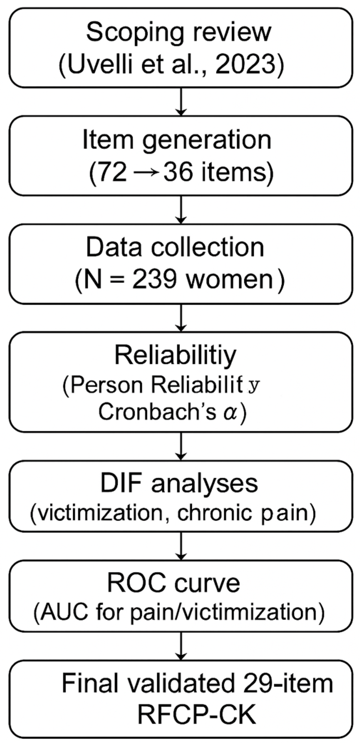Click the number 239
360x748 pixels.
point(154,280)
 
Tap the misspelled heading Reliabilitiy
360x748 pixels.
point(175,356)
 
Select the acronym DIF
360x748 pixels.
point(119,483)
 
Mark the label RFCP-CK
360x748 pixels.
point(197,715)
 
